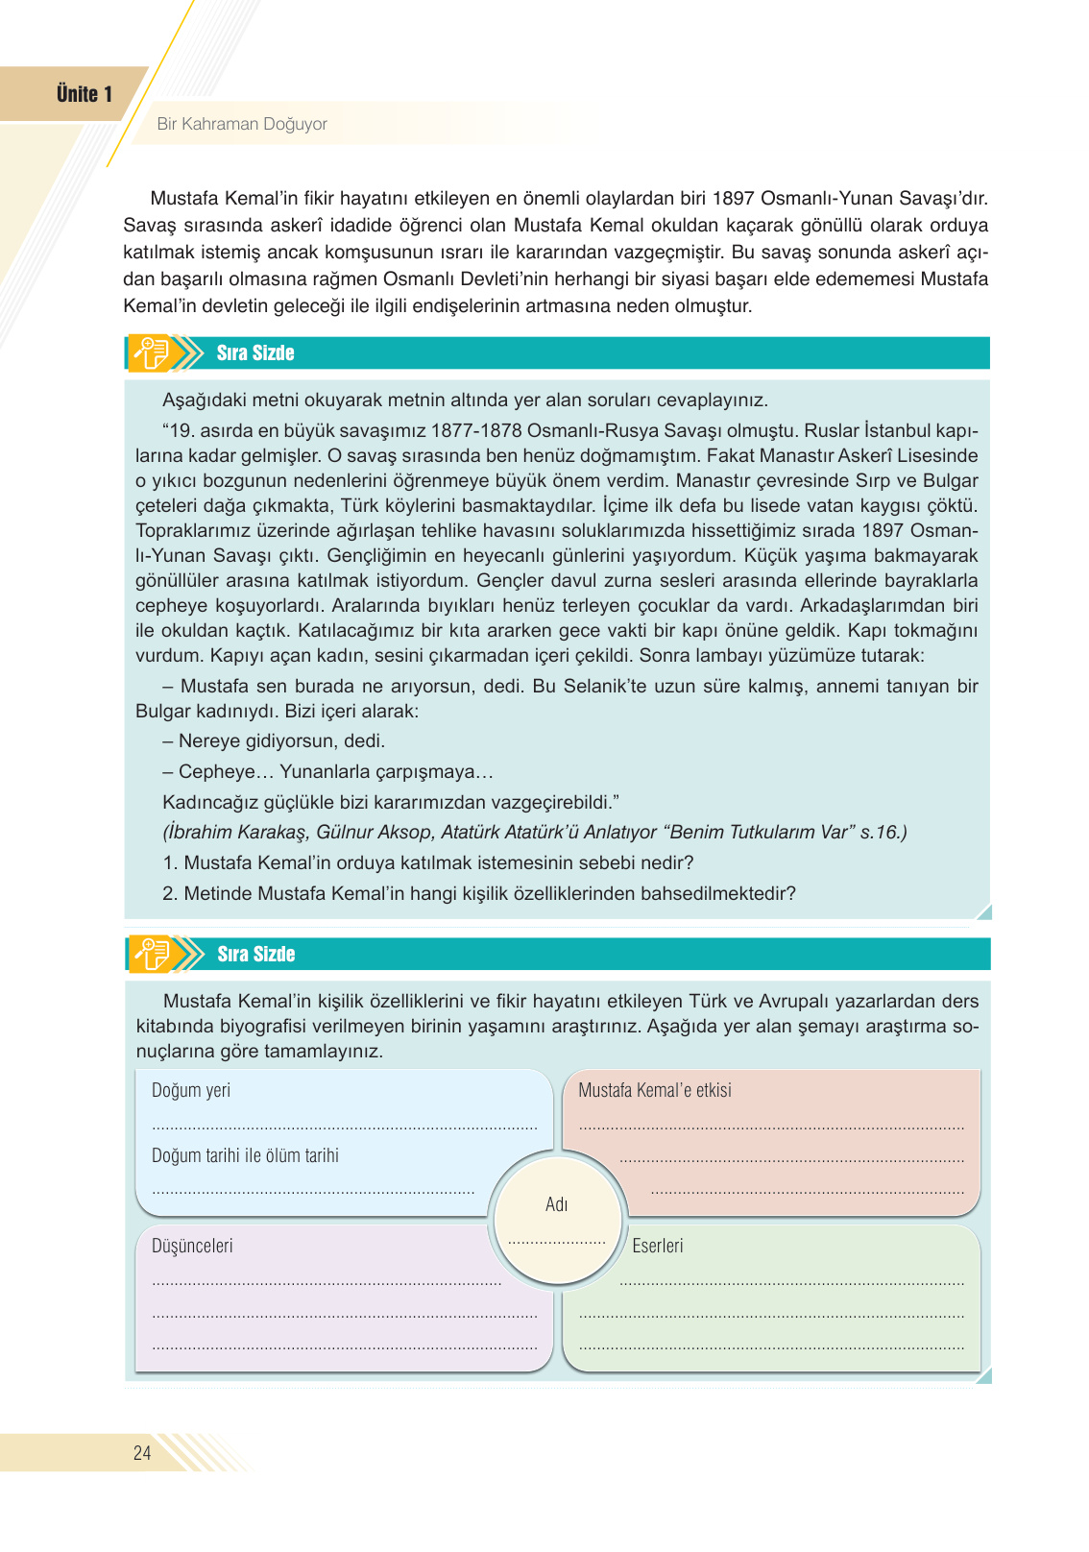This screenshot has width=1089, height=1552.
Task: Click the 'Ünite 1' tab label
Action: (x=85, y=94)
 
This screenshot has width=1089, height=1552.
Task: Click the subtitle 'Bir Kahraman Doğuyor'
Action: (x=242, y=124)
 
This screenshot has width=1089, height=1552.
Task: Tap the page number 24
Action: (x=142, y=1453)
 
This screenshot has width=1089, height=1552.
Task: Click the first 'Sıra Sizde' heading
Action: (x=255, y=353)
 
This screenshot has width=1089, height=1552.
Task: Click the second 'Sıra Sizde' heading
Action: (x=255, y=955)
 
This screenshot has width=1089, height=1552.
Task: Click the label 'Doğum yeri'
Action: (x=191, y=1091)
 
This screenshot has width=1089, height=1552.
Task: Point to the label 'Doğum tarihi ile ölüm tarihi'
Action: (x=245, y=1156)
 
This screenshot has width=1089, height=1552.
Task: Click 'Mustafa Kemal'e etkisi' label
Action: (x=655, y=1091)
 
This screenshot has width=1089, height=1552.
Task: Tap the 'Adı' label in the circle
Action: (x=557, y=1205)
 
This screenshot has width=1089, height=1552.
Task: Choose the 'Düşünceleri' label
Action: (x=192, y=1247)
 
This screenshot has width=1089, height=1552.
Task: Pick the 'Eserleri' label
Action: (x=658, y=1247)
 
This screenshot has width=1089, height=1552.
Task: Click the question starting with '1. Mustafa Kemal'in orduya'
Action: (x=428, y=863)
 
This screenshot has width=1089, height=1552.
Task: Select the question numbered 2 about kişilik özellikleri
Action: (x=479, y=894)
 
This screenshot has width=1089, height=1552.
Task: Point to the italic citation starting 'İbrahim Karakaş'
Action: (x=534, y=833)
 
